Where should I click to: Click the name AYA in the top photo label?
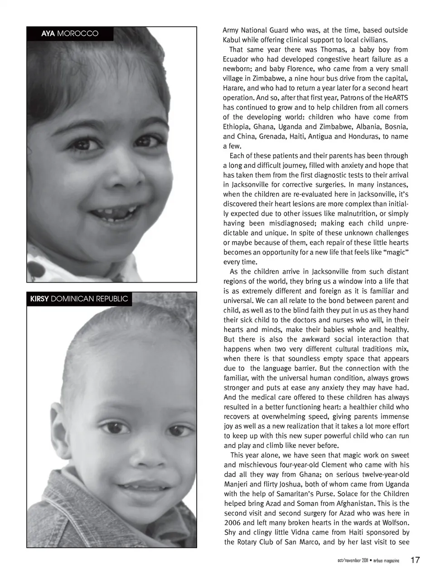[48, 34]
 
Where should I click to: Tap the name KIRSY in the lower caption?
[39, 299]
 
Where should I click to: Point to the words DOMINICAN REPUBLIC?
[90, 299]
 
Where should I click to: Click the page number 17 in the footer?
[415, 560]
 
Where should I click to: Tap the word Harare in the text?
[233, 88]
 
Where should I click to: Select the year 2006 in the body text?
[233, 523]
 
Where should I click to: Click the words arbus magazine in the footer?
[387, 561]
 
